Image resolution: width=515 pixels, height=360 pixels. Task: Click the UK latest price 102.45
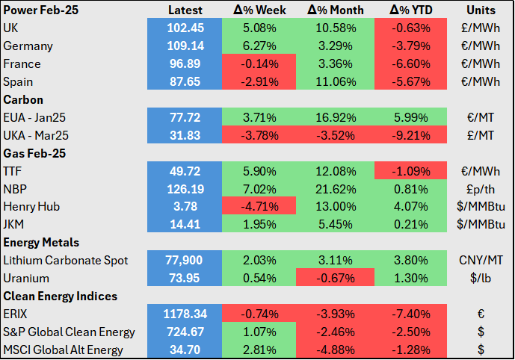pyautogui.click(x=185, y=28)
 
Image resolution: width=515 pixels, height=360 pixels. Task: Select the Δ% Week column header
pyautogui.click(x=259, y=10)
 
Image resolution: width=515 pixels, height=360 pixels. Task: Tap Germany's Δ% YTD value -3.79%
pyautogui.click(x=410, y=46)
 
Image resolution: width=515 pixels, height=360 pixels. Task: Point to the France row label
pyautogui.click(x=22, y=63)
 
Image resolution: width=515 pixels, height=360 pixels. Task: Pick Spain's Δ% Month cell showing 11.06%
pyautogui.click(x=336, y=81)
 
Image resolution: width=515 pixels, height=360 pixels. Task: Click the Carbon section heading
pyautogui.click(x=23, y=100)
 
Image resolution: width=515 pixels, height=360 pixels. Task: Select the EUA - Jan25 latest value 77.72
pyautogui.click(x=185, y=117)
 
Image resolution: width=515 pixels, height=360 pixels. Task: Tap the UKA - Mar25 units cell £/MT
pyautogui.click(x=481, y=135)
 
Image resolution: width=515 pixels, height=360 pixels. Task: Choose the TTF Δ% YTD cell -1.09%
pyautogui.click(x=410, y=171)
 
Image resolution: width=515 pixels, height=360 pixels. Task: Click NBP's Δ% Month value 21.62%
pyautogui.click(x=336, y=190)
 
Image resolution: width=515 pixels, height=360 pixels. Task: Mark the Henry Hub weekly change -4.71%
pyautogui.click(x=259, y=207)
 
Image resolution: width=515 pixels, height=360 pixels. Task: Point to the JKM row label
pyautogui.click(x=13, y=225)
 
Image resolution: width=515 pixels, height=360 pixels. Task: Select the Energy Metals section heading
pyautogui.click(x=41, y=243)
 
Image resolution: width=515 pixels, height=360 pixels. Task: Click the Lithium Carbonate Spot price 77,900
pyautogui.click(x=185, y=261)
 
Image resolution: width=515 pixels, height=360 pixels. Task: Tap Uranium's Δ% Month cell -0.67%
pyautogui.click(x=336, y=279)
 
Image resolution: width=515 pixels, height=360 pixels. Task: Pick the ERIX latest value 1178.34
pyautogui.click(x=185, y=314)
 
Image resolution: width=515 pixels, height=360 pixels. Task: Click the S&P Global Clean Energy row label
pyautogui.click(x=69, y=332)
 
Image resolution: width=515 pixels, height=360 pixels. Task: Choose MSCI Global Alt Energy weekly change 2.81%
pyautogui.click(x=259, y=350)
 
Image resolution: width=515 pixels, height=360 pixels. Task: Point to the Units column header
pyautogui.click(x=481, y=10)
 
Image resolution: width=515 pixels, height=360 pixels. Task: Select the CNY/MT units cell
pyautogui.click(x=481, y=261)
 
